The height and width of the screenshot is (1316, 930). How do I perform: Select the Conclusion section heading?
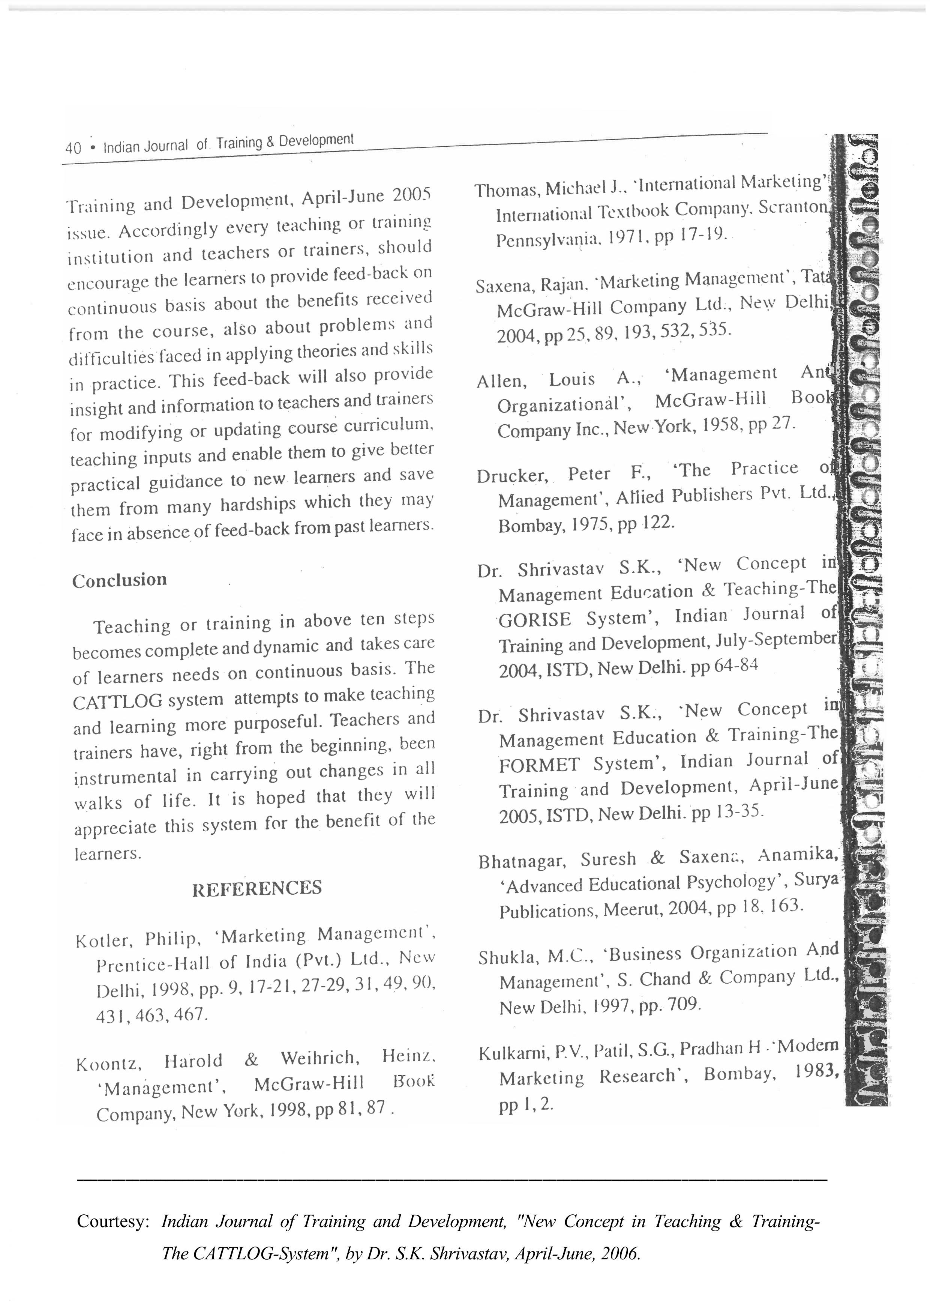pyautogui.click(x=119, y=580)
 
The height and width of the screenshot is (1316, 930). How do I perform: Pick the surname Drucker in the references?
pyautogui.click(x=512, y=476)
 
